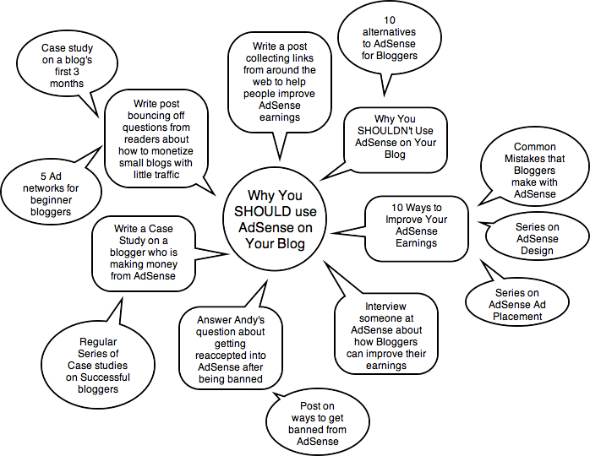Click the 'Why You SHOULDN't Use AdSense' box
point(395,138)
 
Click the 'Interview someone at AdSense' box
point(386,334)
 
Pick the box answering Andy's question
point(230,350)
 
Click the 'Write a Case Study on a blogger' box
point(145,252)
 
